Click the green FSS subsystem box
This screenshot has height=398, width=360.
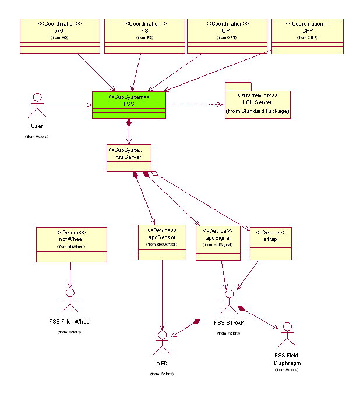point(129,105)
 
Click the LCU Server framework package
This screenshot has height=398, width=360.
point(257,104)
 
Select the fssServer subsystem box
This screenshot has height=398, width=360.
point(129,158)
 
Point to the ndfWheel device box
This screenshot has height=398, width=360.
point(72,244)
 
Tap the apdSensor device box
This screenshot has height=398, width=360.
point(162,242)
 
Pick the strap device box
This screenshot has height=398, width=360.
point(271,243)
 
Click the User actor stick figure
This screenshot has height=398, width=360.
point(37,105)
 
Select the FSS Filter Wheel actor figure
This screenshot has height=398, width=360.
point(70,299)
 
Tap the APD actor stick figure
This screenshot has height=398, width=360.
point(162,343)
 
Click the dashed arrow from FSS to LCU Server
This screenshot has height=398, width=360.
point(192,105)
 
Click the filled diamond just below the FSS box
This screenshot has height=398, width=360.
point(129,123)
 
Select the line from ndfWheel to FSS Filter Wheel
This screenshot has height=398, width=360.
point(70,273)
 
